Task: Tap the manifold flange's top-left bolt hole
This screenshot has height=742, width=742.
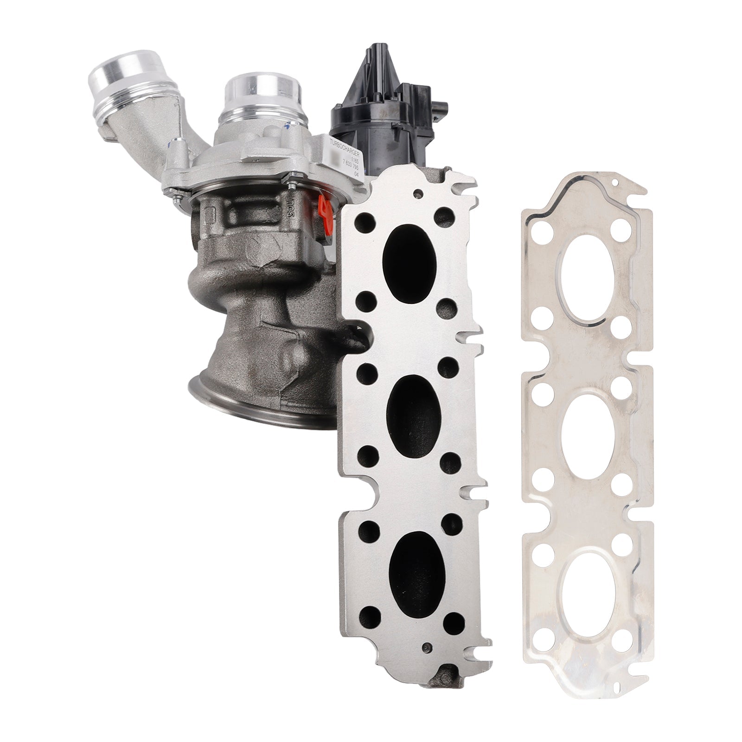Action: (362, 222)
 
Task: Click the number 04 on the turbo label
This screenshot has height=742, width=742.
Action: (356, 174)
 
